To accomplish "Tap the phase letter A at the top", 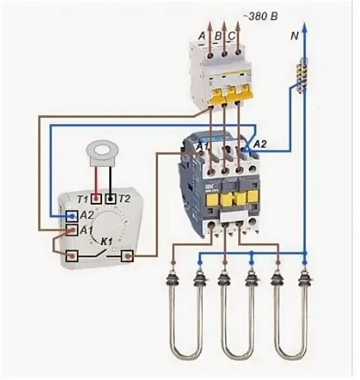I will click(x=201, y=36).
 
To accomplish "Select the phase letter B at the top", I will click(x=218, y=36).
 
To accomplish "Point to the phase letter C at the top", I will click(x=232, y=36).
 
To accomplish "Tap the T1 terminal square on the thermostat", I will click(x=97, y=199).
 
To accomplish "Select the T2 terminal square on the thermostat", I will click(x=111, y=199).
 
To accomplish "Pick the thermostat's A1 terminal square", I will click(x=71, y=230).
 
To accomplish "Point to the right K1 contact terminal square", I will click(x=127, y=256).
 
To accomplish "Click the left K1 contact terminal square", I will click(x=72, y=256).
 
